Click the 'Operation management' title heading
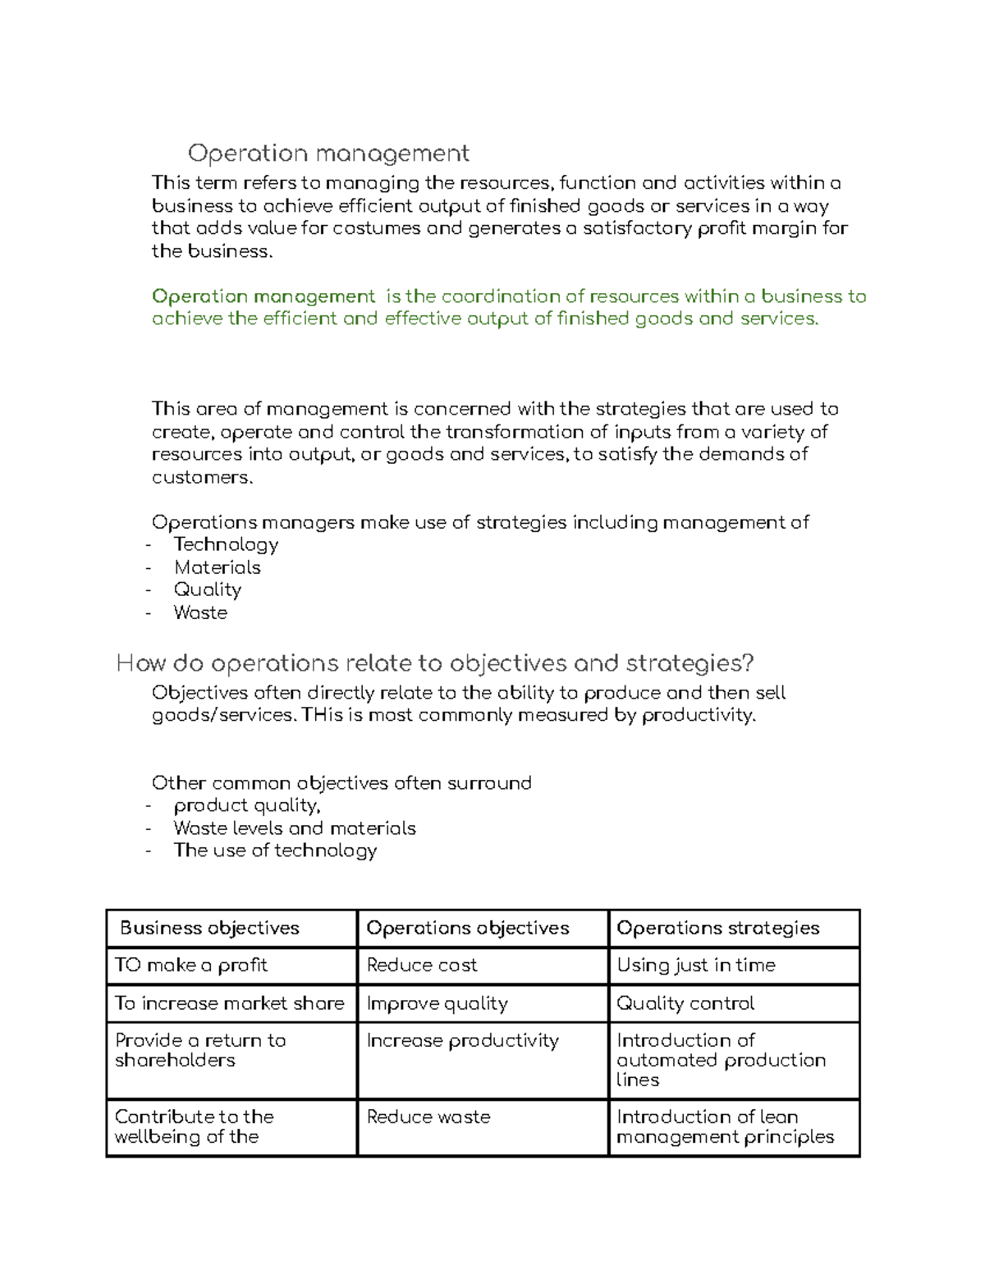click(x=328, y=154)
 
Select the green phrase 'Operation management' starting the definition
click(x=263, y=296)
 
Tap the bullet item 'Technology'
click(x=226, y=545)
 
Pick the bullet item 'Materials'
click(x=217, y=567)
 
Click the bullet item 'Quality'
click(x=207, y=589)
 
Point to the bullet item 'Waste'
click(x=200, y=612)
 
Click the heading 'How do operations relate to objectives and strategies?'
click(x=435, y=663)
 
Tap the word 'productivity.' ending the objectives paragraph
click(x=698, y=715)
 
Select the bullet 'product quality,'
click(x=246, y=805)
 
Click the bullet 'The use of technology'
click(x=275, y=851)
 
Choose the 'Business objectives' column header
click(x=209, y=929)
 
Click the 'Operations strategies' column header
click(x=717, y=929)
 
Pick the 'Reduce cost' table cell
click(x=422, y=965)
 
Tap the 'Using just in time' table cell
click(x=695, y=965)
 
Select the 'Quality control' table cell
click(x=685, y=1003)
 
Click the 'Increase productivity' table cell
click(x=462, y=1041)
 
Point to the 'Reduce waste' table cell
click(x=428, y=1117)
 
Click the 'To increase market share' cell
click(x=229, y=1003)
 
